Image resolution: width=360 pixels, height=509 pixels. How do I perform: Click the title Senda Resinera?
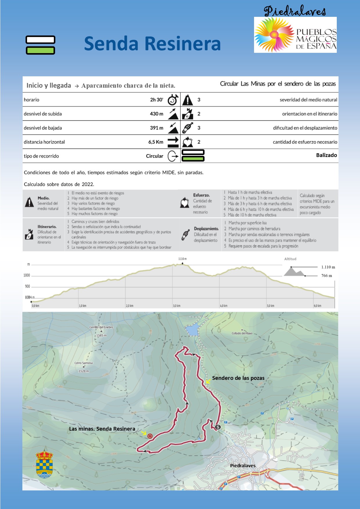(x=152, y=44)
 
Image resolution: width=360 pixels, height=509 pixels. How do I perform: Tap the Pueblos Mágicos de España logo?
(x=295, y=35)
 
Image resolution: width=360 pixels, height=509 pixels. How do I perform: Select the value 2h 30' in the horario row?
(x=156, y=100)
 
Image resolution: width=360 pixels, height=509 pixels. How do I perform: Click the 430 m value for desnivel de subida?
(x=156, y=114)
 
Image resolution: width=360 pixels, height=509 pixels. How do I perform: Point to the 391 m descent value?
(x=156, y=128)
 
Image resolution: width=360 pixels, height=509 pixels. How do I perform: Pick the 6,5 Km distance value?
(x=156, y=142)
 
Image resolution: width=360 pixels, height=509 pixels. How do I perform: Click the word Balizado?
(x=326, y=155)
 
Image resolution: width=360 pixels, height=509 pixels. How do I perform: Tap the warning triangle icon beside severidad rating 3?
(x=188, y=100)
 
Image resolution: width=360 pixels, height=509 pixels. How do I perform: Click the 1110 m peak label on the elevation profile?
(x=182, y=259)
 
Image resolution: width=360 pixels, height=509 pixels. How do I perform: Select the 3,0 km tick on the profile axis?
(x=177, y=306)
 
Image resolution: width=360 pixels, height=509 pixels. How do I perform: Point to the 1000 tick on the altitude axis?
(x=27, y=275)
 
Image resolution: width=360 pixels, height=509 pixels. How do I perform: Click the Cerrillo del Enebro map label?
(x=101, y=327)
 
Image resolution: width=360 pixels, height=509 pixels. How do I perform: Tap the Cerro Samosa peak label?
(x=84, y=363)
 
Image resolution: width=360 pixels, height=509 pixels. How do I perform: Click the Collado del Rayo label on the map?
(x=242, y=333)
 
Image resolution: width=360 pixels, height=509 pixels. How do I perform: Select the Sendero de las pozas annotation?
(x=238, y=378)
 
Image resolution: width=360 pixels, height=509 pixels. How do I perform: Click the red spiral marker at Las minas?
(x=150, y=436)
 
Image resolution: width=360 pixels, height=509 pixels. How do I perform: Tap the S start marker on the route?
(x=218, y=427)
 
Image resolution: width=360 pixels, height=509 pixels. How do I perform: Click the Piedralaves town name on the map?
(x=243, y=465)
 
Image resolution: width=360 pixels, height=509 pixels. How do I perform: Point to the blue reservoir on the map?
(x=192, y=330)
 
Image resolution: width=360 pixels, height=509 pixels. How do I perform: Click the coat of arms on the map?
(x=44, y=464)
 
